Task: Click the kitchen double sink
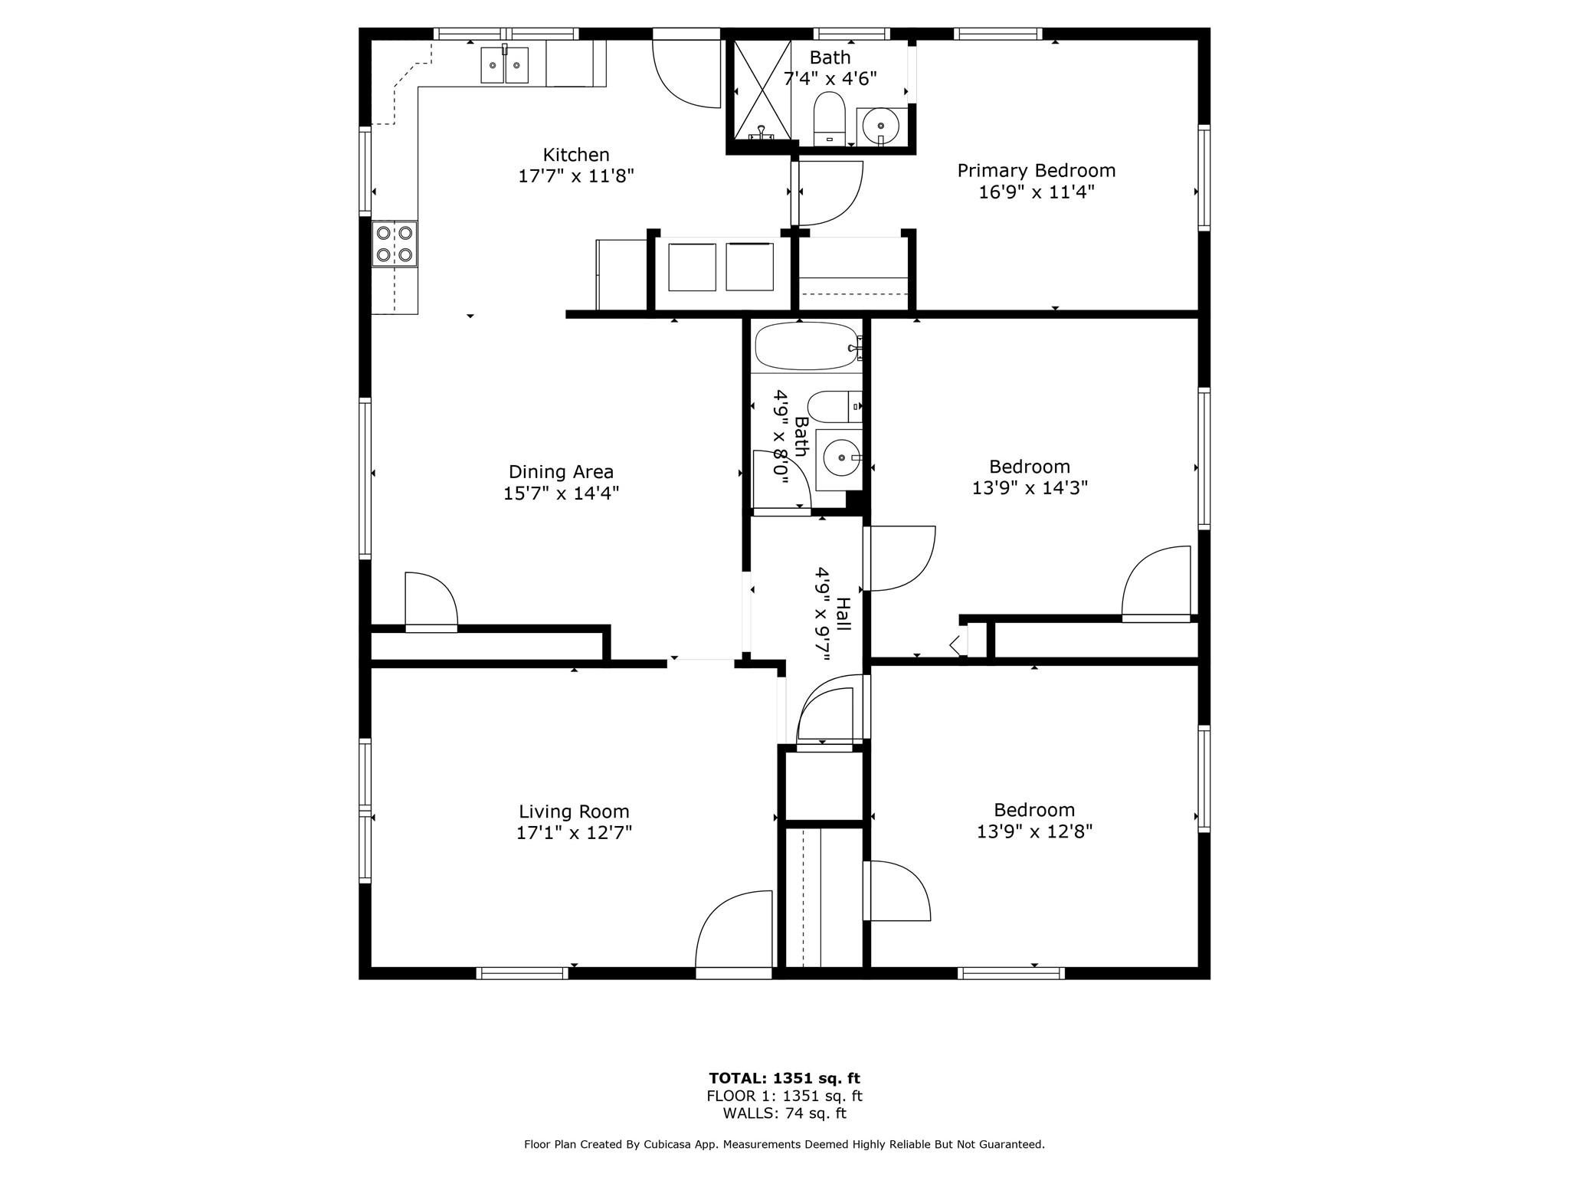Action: (x=504, y=64)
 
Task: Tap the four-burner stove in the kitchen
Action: (x=395, y=244)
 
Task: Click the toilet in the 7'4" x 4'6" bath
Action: (x=828, y=119)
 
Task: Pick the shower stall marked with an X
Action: (x=762, y=90)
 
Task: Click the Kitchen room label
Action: (x=576, y=155)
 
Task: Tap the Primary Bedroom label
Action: (x=1036, y=170)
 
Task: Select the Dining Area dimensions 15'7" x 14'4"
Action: (x=561, y=493)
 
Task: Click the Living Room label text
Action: (x=574, y=811)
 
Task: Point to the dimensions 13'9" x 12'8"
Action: (x=1034, y=831)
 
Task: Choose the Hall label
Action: (x=843, y=615)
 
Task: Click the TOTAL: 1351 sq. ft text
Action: (x=784, y=1079)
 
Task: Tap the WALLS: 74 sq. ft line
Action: (x=784, y=1113)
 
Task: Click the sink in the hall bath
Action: (x=840, y=458)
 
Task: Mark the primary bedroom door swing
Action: (x=830, y=193)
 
